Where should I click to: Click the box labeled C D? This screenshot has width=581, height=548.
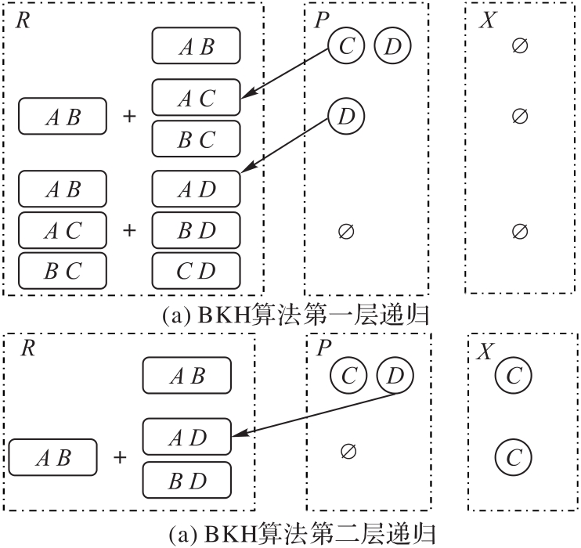pyautogui.click(x=196, y=271)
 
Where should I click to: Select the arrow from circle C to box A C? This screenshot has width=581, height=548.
pyautogui.click(x=286, y=74)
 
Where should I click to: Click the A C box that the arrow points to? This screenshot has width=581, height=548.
pyautogui.click(x=196, y=97)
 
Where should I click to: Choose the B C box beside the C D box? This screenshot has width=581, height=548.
pyautogui.click(x=62, y=271)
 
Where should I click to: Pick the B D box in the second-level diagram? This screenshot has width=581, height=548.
pyautogui.click(x=186, y=478)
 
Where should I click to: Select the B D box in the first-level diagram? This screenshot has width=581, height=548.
pyautogui.click(x=196, y=230)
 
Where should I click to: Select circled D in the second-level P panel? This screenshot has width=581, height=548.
pyautogui.click(x=395, y=377)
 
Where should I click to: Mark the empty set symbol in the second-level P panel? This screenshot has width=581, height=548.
pyautogui.click(x=349, y=450)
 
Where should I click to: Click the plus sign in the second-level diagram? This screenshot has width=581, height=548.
pyautogui.click(x=120, y=456)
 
